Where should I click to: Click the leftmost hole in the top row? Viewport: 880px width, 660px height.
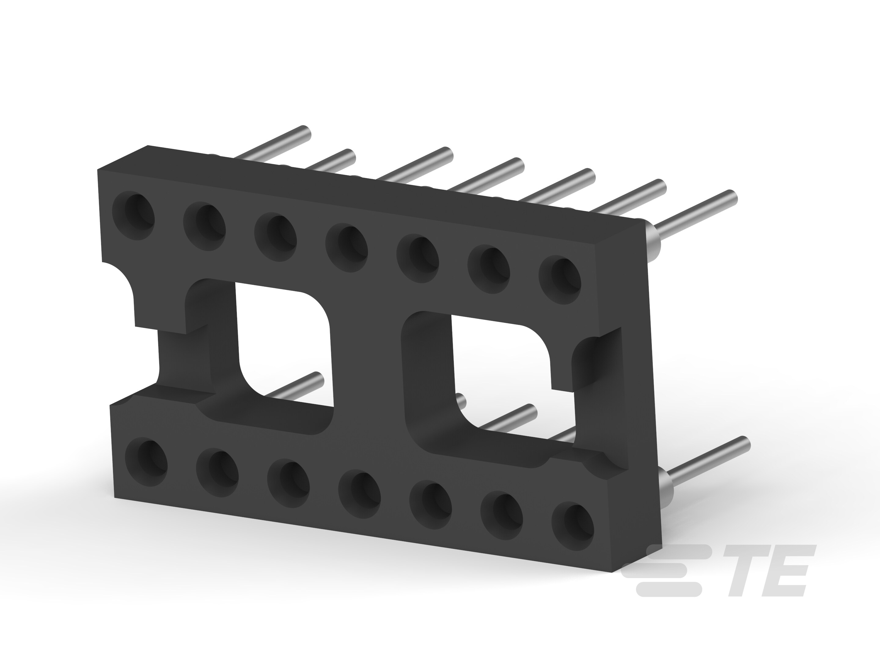(134, 216)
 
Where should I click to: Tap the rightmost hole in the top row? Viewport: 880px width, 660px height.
(560, 280)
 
